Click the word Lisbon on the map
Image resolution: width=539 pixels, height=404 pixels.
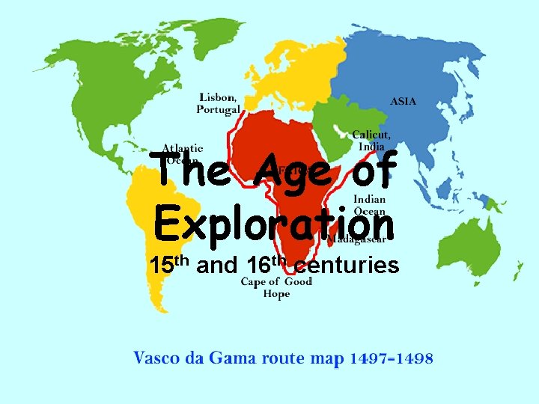pyautogui.click(x=218, y=97)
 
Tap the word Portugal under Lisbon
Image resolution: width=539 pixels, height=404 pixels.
pyautogui.click(x=219, y=109)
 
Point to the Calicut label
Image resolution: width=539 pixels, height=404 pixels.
pyautogui.click(x=371, y=135)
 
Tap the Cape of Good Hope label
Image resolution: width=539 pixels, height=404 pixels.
pyautogui.click(x=276, y=287)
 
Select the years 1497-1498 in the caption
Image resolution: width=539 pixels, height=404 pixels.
pyautogui.click(x=391, y=358)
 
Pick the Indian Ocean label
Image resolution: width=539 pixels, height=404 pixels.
pyautogui.click(x=370, y=206)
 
